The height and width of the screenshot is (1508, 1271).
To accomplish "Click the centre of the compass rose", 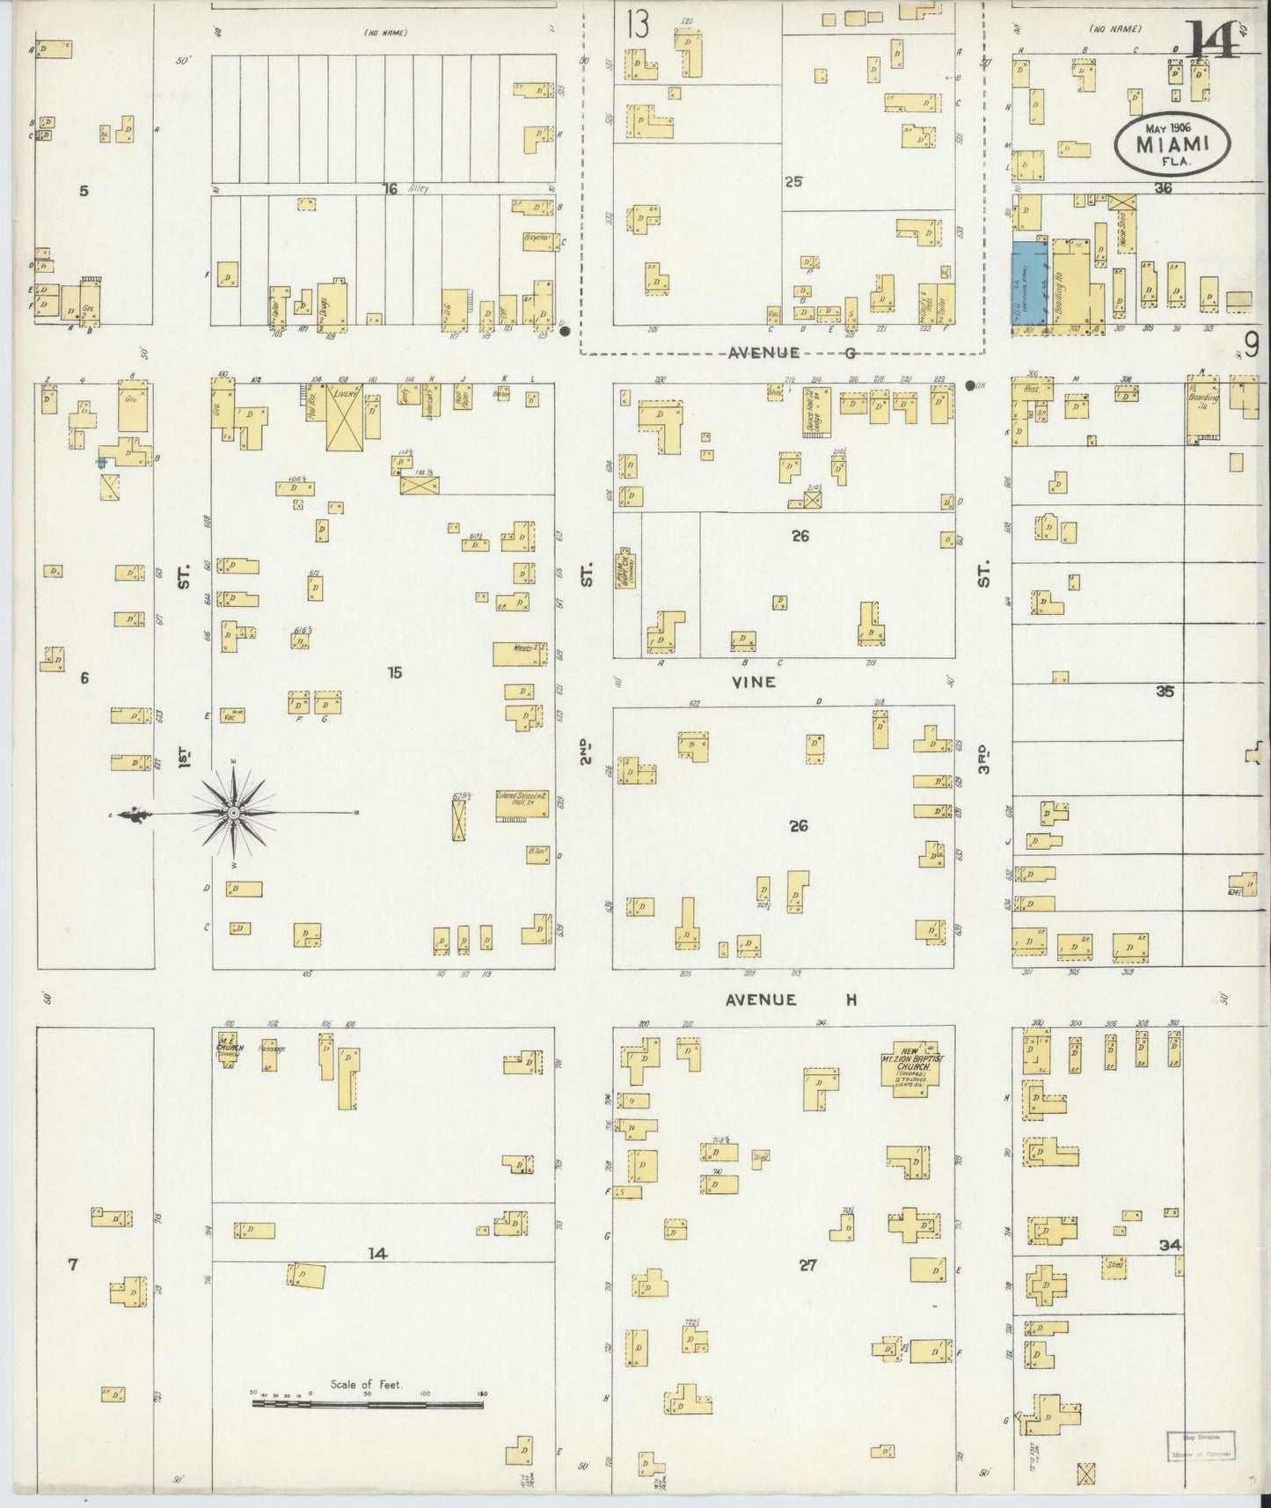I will click(234, 814).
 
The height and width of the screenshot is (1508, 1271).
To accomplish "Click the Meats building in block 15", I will click(520, 653).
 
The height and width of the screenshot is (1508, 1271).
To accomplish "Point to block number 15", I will click(394, 672).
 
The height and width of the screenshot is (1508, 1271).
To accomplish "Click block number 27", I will click(807, 1265).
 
